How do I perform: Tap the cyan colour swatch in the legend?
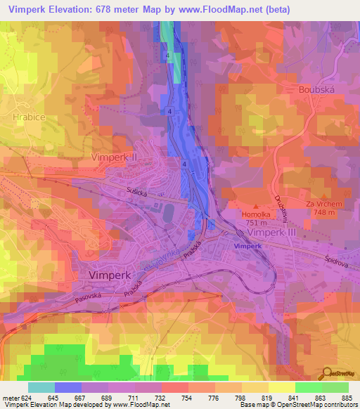point(41,387)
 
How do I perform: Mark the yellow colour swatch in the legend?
point(282,387)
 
